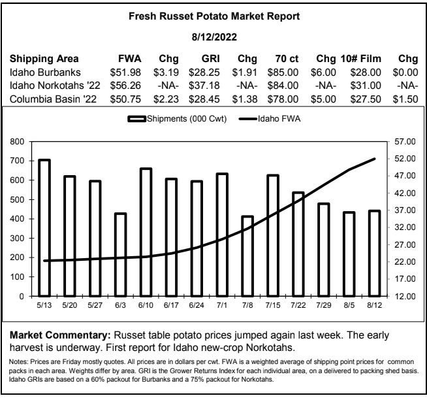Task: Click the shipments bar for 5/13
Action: tap(44, 228)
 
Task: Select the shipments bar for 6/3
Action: tap(120, 255)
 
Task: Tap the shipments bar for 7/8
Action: tap(247, 256)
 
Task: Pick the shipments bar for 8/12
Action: tap(375, 254)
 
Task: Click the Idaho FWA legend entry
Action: tap(270, 119)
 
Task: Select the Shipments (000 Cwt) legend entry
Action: tap(177, 119)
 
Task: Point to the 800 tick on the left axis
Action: tap(17, 141)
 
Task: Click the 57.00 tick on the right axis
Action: tap(405, 141)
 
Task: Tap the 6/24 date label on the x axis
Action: tap(197, 305)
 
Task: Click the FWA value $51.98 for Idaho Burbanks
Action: tap(125, 73)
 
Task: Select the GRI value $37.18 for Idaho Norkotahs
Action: tap(204, 86)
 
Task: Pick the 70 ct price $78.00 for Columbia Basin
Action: tap(283, 99)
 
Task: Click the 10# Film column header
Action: tap(361, 59)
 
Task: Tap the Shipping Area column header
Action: tap(44, 59)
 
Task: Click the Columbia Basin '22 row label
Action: tap(53, 99)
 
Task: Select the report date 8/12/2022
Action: tap(214, 37)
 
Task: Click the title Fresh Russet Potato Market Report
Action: tap(214, 16)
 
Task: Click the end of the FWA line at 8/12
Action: tap(375, 159)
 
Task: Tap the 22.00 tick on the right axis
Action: tap(405, 261)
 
